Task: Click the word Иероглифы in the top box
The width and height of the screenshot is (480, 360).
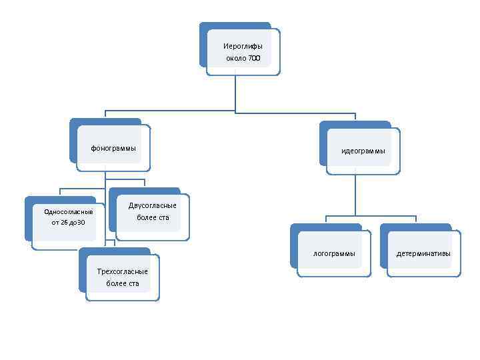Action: [243, 46]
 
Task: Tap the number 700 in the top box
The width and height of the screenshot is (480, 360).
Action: [254, 59]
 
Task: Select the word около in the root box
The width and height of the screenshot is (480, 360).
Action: [236, 59]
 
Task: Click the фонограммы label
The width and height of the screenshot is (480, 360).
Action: [113, 148]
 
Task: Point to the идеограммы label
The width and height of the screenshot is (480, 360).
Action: [363, 151]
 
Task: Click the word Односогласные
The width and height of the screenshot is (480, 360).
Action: [69, 211]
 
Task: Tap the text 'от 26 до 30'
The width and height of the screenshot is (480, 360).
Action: [68, 222]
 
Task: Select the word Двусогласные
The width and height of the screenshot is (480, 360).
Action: [153, 205]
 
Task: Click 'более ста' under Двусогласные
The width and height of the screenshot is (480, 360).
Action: [153, 217]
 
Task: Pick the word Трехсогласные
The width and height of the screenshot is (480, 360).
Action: [123, 271]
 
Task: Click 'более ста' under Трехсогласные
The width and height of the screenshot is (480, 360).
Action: [123, 283]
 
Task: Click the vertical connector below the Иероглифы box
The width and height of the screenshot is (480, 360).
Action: [235, 93]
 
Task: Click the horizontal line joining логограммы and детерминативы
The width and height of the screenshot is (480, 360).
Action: [371, 216]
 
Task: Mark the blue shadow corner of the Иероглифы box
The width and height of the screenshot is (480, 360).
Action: [203, 27]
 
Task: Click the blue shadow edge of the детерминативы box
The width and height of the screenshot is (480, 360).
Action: [383, 247]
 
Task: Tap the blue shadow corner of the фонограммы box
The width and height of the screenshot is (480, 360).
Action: [73, 123]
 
